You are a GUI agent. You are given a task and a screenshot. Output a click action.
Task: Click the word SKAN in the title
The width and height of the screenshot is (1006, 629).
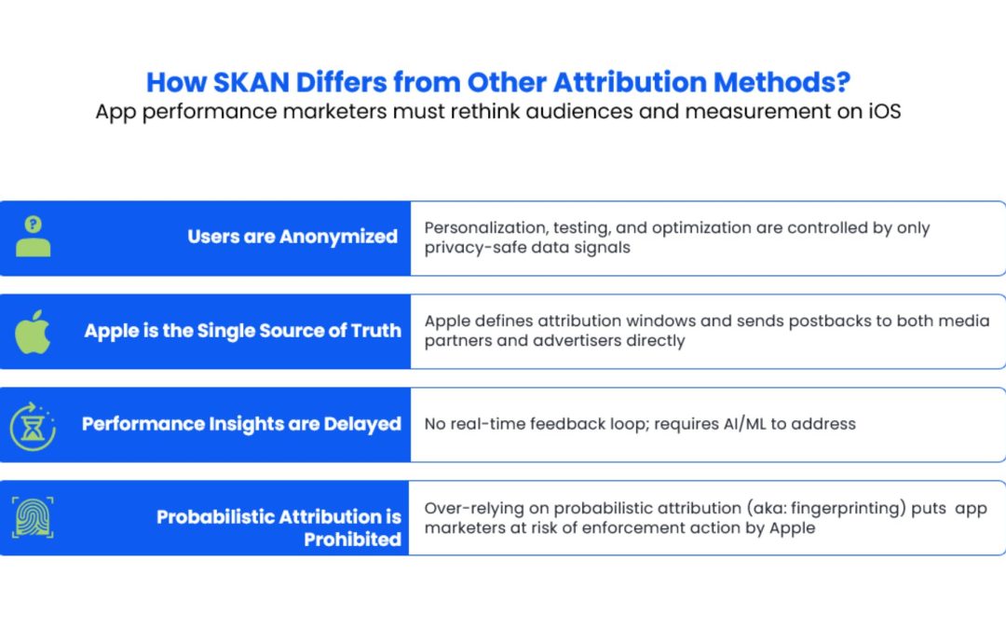tap(251, 82)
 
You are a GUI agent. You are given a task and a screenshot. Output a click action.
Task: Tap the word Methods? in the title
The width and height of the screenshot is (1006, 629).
tap(782, 82)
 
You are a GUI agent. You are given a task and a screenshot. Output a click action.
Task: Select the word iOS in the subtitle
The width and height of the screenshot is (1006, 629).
tap(885, 112)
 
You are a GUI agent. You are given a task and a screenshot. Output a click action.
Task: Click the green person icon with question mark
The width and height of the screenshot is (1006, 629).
tap(33, 236)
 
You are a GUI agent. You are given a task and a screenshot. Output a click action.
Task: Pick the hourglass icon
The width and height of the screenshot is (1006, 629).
tap(33, 426)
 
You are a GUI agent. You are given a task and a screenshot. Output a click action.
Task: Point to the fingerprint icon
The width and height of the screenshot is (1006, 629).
tap(33, 517)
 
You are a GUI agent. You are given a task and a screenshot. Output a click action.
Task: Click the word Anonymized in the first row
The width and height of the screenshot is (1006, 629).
tap(338, 237)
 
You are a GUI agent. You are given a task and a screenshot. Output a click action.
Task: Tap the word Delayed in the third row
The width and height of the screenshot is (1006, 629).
tap(362, 424)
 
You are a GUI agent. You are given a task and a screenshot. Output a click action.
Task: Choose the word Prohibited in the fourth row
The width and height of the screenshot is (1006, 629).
tap(352, 540)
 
